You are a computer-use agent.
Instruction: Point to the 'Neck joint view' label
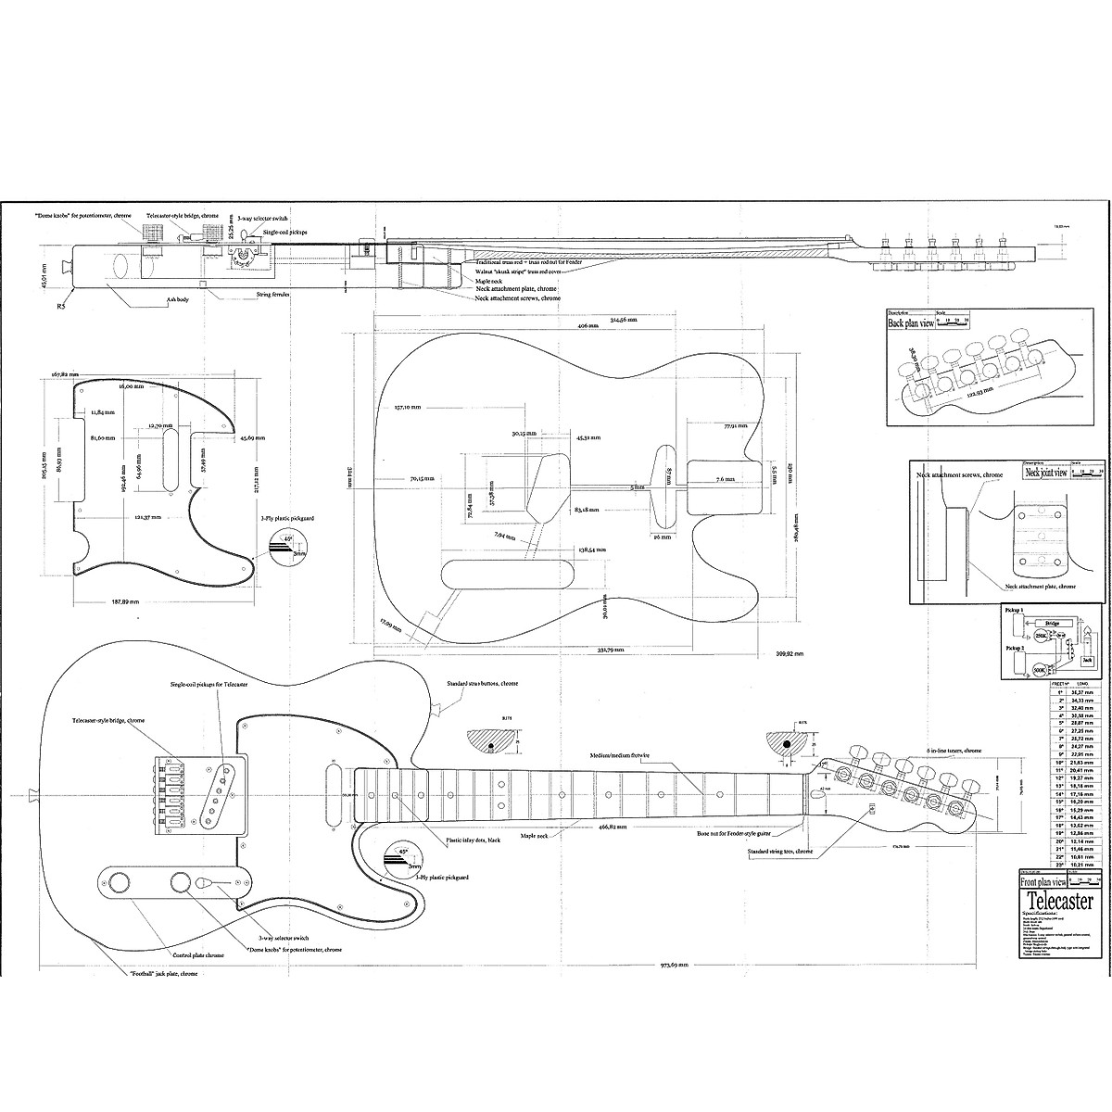tap(1045, 472)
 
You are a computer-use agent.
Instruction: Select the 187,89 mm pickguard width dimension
tap(121, 601)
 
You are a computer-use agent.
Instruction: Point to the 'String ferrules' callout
tap(258, 297)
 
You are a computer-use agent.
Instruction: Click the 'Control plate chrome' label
tap(198, 954)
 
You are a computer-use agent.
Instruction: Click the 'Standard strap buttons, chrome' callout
tap(482, 684)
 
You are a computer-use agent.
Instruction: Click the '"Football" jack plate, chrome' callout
tap(162, 974)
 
